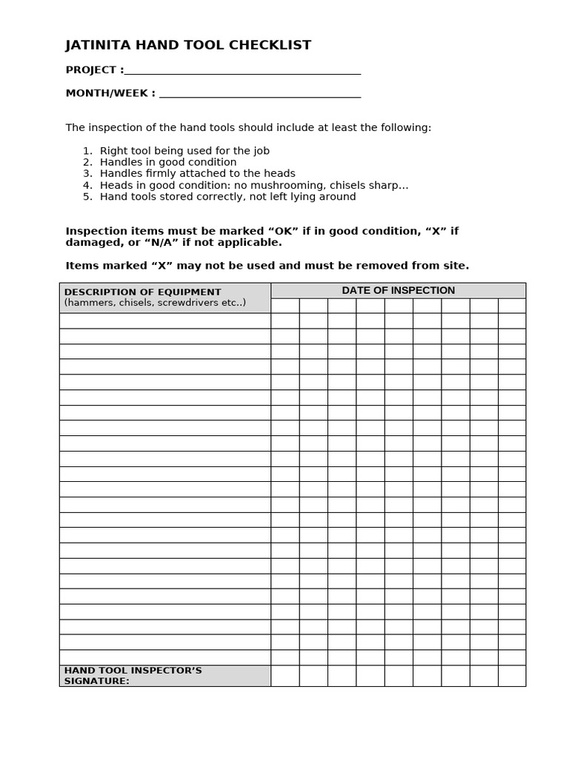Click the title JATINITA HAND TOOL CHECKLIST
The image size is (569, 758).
tap(188, 45)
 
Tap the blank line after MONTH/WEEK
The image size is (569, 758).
tap(259, 95)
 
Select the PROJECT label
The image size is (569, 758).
tap(92, 70)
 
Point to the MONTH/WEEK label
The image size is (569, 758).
tap(110, 93)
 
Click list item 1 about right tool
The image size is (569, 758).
tap(184, 150)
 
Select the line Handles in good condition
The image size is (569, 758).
tap(168, 162)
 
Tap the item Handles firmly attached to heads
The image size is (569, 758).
tap(197, 173)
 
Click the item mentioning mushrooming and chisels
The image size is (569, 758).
tap(253, 185)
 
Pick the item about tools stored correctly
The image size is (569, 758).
tap(227, 196)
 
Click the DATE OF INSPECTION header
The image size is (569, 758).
tap(398, 290)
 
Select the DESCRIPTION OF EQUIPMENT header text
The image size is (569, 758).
tap(142, 292)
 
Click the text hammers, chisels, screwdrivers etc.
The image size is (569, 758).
tap(155, 303)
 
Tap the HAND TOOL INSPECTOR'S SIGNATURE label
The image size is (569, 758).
tap(133, 675)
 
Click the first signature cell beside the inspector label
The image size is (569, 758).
tap(285, 676)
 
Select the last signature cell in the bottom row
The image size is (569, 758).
tap(512, 676)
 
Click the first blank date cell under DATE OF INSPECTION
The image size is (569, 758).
tap(285, 306)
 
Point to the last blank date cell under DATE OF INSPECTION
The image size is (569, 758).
tap(512, 306)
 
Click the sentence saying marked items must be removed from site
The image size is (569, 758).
tap(267, 265)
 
